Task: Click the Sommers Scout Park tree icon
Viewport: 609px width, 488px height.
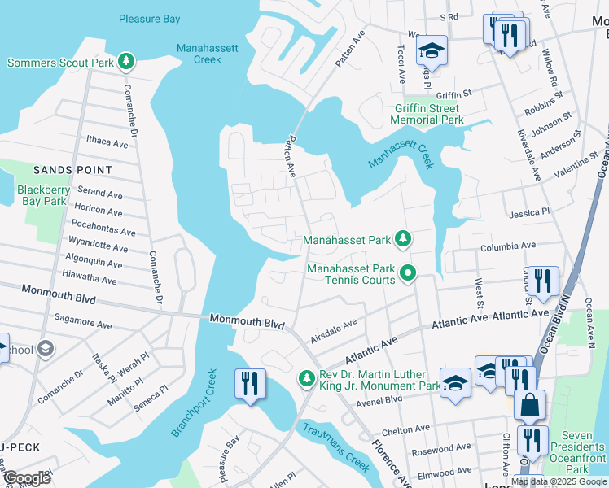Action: [125, 61]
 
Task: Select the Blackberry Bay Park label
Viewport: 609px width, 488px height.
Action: [42, 194]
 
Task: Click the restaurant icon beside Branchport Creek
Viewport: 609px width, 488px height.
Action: [250, 383]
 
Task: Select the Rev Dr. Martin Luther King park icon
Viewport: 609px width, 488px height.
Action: [306, 377]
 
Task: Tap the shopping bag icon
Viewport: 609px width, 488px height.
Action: [529, 404]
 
